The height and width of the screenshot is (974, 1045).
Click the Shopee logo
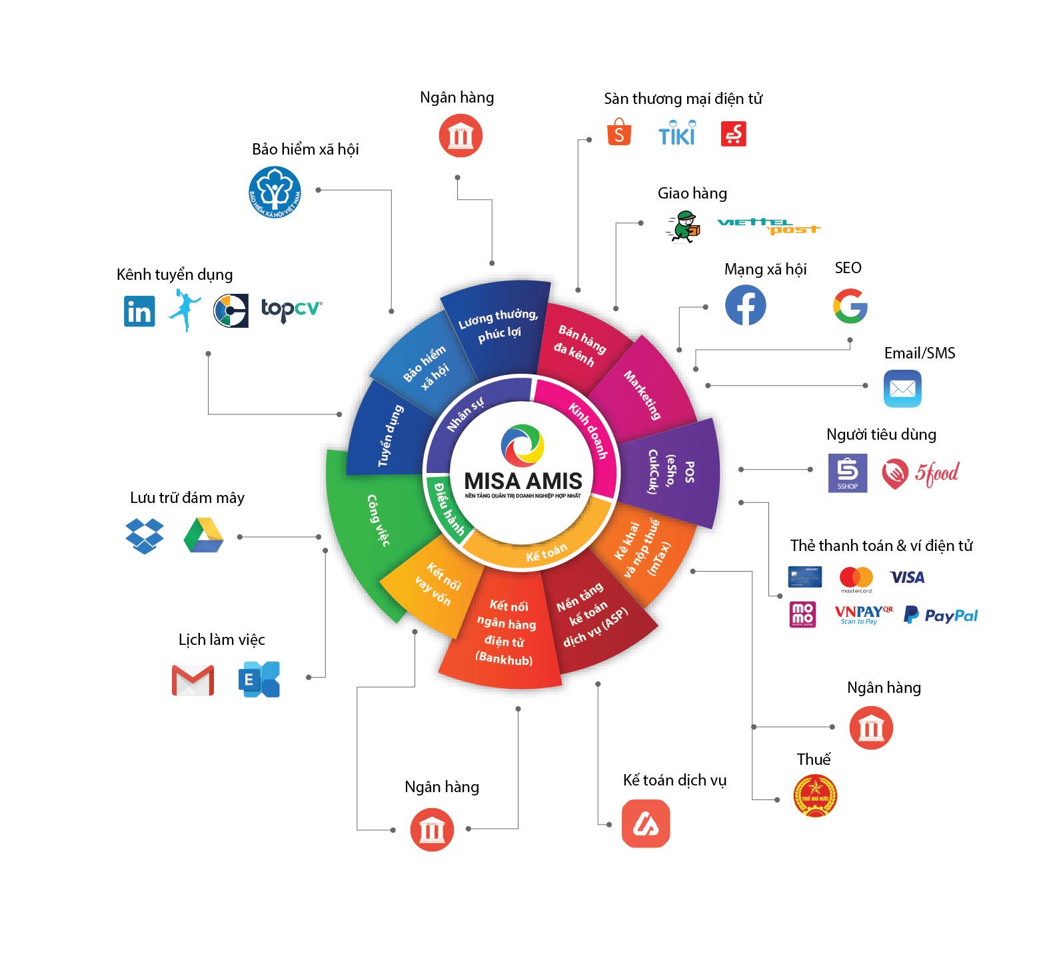pyautogui.click(x=618, y=133)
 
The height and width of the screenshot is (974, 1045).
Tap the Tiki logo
pyautogui.click(x=676, y=133)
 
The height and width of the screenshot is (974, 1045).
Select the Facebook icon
pyautogui.click(x=745, y=305)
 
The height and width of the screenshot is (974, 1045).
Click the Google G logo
pyautogui.click(x=850, y=307)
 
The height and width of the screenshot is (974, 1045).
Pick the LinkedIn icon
pyautogui.click(x=139, y=311)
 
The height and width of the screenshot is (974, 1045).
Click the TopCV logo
pyautogui.click(x=291, y=308)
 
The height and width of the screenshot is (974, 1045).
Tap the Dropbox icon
pyautogui.click(x=145, y=535)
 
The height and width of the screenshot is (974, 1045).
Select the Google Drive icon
pyautogui.click(x=203, y=535)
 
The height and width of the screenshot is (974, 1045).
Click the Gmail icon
pyautogui.click(x=193, y=680)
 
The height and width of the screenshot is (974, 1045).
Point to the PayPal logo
pyautogui.click(x=940, y=615)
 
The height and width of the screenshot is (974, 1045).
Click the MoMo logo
pyautogui.click(x=802, y=614)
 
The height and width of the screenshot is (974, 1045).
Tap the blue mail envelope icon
pyautogui.click(x=902, y=388)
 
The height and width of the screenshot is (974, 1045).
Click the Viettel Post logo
pyautogui.click(x=768, y=227)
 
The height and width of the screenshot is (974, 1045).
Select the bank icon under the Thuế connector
pyautogui.click(x=871, y=728)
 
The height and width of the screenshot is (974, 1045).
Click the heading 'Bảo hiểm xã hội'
pyautogui.click(x=305, y=149)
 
